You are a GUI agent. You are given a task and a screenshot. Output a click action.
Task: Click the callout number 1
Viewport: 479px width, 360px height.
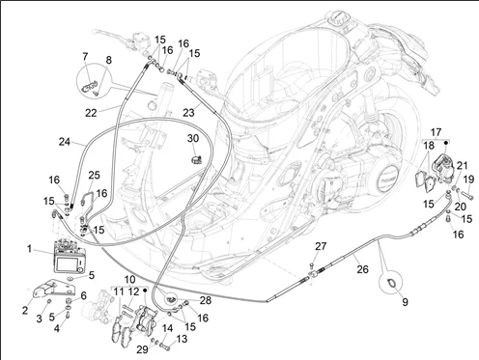[29, 249]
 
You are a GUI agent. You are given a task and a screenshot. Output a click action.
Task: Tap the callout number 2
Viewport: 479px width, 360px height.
[25, 311]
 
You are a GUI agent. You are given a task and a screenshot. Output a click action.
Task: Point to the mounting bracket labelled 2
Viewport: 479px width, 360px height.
[54, 289]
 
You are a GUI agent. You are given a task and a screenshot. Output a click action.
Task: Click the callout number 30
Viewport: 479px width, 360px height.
[193, 138]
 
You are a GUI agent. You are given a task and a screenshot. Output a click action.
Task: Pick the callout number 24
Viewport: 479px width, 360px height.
[65, 142]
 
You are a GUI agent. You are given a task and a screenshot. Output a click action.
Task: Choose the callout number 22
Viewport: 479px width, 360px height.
[91, 113]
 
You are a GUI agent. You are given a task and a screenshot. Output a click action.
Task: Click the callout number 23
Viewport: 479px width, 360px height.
[188, 113]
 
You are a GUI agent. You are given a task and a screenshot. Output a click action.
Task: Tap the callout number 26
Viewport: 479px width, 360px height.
[362, 269]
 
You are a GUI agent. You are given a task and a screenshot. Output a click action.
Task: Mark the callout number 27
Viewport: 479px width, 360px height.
[321, 246]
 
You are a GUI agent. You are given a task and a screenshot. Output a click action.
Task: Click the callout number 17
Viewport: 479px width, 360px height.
[436, 132]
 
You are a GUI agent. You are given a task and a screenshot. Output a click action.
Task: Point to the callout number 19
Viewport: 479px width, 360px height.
[469, 180]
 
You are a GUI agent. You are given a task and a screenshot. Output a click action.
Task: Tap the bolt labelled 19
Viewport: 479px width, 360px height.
[466, 194]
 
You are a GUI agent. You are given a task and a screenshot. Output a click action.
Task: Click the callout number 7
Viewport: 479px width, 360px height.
[85, 57]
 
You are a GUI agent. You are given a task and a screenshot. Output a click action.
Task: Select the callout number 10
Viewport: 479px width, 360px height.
[129, 279]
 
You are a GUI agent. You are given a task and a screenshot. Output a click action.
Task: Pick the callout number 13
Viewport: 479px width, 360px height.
[182, 339]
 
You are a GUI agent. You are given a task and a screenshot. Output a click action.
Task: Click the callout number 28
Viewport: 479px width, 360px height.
[206, 300]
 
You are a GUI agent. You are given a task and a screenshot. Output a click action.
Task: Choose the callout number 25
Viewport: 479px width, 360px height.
[94, 175]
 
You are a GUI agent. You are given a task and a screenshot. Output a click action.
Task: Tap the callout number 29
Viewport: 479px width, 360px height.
[142, 349]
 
